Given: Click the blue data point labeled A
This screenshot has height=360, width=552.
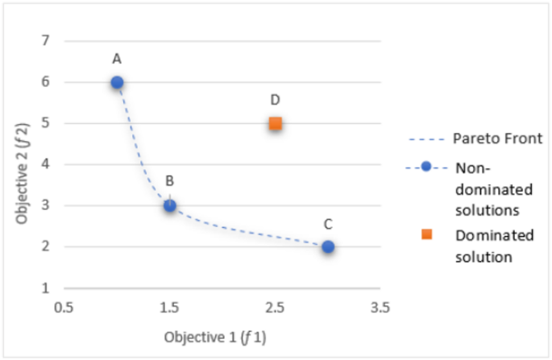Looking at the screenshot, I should (x=117, y=82).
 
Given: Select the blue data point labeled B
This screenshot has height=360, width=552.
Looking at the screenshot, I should (x=170, y=205).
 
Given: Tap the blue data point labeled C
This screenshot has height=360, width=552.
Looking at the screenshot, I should (x=328, y=246).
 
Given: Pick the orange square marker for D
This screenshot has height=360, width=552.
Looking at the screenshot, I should (x=276, y=123).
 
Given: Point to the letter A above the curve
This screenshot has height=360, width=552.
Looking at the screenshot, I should (x=117, y=59).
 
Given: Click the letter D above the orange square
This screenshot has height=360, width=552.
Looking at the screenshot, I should (x=275, y=100).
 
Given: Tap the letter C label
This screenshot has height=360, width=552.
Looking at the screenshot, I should (x=328, y=224).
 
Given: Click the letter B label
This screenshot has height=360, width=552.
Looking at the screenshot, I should (x=170, y=181).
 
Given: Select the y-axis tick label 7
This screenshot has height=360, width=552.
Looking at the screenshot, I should (x=46, y=40).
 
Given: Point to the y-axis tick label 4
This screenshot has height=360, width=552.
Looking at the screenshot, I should (x=46, y=164).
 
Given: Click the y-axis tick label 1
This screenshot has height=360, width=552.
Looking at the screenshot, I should (x=46, y=288).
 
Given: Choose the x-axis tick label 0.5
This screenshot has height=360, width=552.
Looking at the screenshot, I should (x=64, y=307).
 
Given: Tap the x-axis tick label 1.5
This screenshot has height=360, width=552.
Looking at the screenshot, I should (x=169, y=307).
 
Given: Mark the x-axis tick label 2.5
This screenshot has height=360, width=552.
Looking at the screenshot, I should (x=275, y=307).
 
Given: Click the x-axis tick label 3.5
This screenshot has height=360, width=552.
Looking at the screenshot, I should (x=380, y=307).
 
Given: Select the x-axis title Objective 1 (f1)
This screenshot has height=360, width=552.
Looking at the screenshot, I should (x=215, y=336).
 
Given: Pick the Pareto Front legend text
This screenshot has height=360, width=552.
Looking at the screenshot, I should (x=489, y=138).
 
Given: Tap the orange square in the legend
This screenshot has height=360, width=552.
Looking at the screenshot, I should (x=427, y=234).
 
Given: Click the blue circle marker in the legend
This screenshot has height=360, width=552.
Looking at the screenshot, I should (x=427, y=168).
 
